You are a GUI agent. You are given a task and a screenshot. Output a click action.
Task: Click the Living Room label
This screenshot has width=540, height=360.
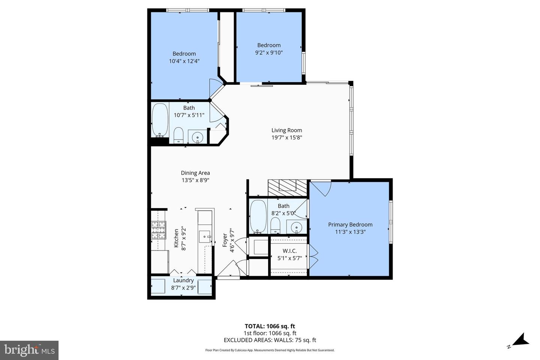pos(286,130)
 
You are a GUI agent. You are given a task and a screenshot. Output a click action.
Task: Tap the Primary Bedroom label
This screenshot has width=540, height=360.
pos(350,225)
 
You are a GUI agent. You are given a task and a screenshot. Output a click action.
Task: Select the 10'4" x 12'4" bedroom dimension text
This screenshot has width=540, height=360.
pos(184,61)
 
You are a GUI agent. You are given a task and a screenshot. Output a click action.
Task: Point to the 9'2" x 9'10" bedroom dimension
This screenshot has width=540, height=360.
pos(269,52)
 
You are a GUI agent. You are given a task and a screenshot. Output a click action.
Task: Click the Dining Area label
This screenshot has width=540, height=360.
pos(195,173)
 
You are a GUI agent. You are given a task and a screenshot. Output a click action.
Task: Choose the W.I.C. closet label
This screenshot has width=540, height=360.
pos(289,250)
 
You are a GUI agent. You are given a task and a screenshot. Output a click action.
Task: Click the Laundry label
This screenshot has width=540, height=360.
pos(183,280)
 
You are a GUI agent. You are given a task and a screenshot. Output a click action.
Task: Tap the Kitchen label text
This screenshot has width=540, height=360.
pos(176,238)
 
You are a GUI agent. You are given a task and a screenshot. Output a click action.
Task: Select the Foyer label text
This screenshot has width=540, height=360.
pos(225,240)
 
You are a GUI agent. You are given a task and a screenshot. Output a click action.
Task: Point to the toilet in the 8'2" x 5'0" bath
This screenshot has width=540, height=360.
pos(276,225)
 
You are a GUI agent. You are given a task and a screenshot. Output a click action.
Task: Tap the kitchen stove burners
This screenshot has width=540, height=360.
pos(158,230)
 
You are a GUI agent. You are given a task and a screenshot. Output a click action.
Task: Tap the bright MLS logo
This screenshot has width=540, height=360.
pos(29,350)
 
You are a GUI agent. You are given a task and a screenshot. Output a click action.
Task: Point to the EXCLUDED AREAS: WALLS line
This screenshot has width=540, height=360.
pos(270,340)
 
